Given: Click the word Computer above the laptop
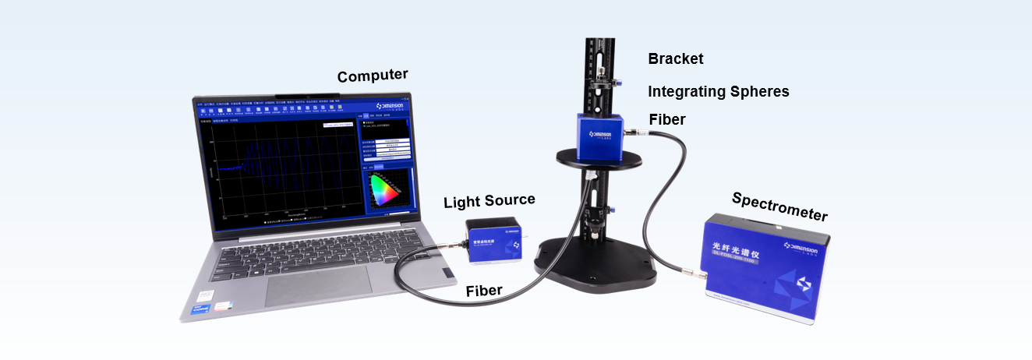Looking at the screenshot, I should [x=372, y=76].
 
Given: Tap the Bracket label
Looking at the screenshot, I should [x=675, y=58].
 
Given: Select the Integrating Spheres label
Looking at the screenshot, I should [x=718, y=92].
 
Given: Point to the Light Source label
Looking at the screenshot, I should [x=489, y=201].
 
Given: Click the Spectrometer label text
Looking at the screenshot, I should [x=779, y=206].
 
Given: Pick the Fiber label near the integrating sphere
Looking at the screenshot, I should [x=666, y=119].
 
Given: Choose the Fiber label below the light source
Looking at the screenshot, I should [x=483, y=291].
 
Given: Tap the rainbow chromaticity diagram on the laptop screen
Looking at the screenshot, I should [x=384, y=189].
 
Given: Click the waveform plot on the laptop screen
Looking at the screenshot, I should [x=280, y=168].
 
